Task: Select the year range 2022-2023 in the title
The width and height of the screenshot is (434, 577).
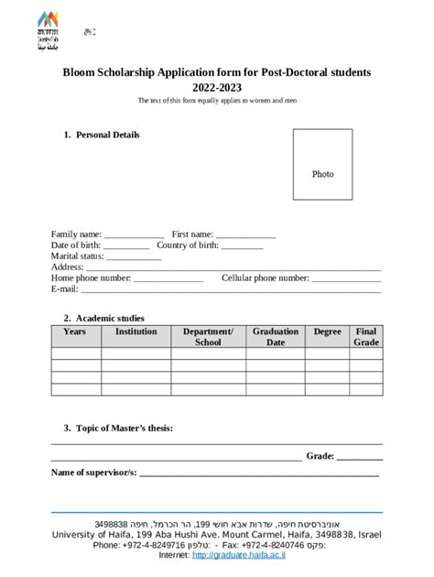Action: (217, 87)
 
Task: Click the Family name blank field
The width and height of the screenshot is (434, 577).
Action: (134, 235)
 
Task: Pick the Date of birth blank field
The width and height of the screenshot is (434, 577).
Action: (126, 245)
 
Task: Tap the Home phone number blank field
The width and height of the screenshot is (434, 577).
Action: (168, 278)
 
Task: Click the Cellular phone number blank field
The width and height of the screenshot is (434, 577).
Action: (346, 278)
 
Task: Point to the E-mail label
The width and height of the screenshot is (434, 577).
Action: (65, 288)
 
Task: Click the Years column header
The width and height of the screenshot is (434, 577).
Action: (75, 332)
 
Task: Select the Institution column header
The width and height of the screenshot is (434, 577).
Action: (136, 332)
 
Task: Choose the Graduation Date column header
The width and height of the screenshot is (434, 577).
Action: (276, 337)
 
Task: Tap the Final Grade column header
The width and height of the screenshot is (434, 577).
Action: (366, 337)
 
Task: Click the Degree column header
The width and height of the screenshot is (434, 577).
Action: (327, 332)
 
